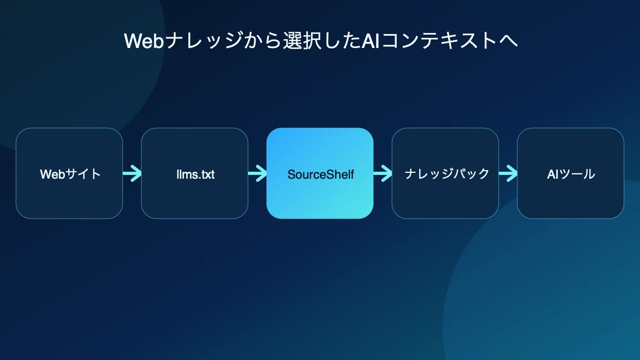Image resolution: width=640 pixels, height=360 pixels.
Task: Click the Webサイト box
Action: tap(69, 173)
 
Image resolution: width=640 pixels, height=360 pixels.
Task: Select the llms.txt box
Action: tap(195, 173)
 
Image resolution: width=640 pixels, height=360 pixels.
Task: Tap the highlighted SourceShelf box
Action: tap(320, 173)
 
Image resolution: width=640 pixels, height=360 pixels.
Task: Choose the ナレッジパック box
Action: tap(445, 173)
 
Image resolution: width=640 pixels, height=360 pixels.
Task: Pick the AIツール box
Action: tap(571, 173)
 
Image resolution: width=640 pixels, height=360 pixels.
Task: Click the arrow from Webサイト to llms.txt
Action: tap(132, 173)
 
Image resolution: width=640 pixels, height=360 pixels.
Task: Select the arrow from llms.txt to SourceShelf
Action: tap(258, 173)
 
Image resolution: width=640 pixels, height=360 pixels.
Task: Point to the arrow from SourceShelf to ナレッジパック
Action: tap(382, 173)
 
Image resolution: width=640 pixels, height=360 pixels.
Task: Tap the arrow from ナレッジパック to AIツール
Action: tap(508, 173)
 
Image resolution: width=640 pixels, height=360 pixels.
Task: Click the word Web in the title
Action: tap(143, 41)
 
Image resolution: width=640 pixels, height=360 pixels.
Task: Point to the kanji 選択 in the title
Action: tap(302, 41)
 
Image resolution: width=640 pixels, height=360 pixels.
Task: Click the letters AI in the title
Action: tap(371, 41)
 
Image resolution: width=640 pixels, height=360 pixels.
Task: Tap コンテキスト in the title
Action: tap(439, 41)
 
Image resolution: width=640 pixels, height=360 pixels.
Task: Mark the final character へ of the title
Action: tap(509, 41)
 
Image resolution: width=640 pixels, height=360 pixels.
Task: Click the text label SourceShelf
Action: tap(321, 174)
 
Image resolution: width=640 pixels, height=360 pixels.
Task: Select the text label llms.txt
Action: tap(195, 174)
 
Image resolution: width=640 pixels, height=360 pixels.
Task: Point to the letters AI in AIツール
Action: tap(553, 174)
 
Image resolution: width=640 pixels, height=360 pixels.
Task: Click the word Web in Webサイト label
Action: tap(53, 174)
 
